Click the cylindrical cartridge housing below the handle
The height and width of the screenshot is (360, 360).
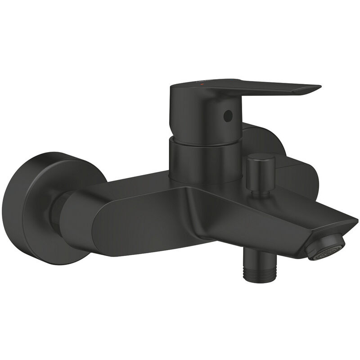pyautogui.click(x=202, y=160)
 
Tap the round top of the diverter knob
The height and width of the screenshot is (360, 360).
pyautogui.click(x=260, y=158)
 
